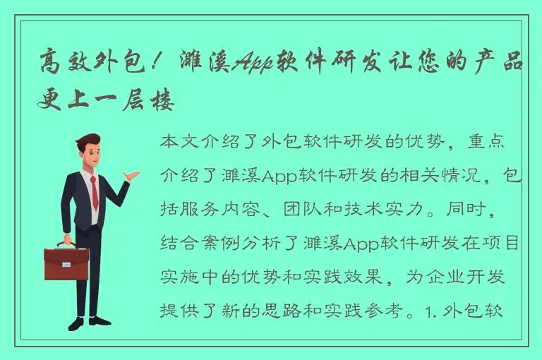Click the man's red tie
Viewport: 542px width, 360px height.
pyautogui.click(x=94, y=192)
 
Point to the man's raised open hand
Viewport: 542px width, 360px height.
pyautogui.click(x=131, y=174)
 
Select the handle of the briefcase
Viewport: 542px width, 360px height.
pyautogui.click(x=66, y=245)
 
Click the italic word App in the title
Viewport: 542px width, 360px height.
pyautogui.click(x=258, y=64)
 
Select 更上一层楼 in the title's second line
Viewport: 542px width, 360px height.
pyautogui.click(x=106, y=101)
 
